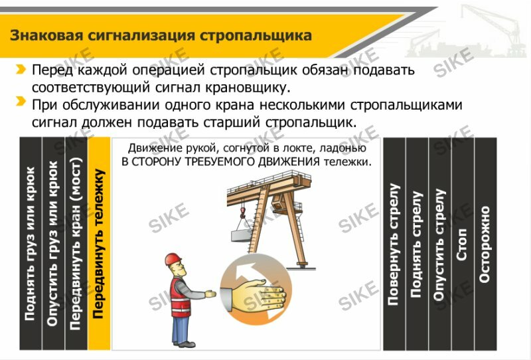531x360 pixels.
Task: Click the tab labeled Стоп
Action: (462, 244)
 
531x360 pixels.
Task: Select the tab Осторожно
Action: (485, 244)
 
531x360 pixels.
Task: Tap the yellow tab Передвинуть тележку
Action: (99, 244)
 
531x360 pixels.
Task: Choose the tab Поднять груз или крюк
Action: (31, 244)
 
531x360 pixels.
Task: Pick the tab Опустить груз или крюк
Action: (53, 244)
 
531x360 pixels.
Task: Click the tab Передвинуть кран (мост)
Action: (76, 244)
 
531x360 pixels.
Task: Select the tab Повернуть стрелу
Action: (394, 244)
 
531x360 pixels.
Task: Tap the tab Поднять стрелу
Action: (417, 244)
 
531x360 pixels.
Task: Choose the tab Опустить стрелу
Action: (439, 244)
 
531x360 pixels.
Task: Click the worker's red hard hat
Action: (173, 259)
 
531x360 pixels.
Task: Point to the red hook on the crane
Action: (242, 213)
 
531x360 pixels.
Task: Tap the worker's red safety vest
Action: (180, 298)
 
